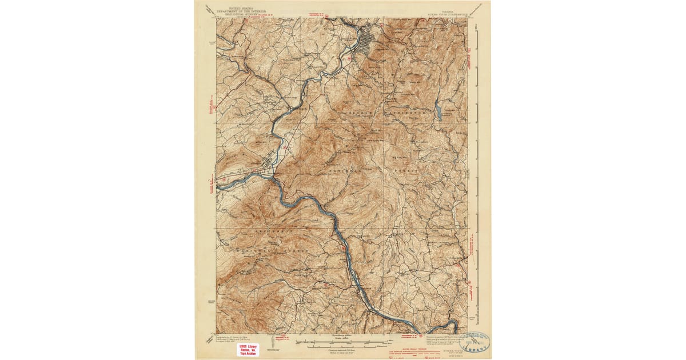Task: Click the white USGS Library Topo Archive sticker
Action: click(248, 349)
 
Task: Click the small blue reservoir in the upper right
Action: click(438, 109)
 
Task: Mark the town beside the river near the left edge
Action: click(264, 168)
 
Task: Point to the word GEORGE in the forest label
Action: click(358, 115)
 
